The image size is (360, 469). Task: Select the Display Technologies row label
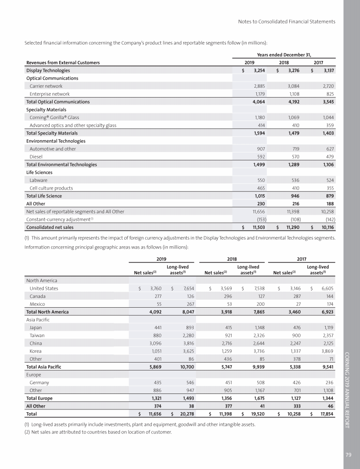tap(48, 70)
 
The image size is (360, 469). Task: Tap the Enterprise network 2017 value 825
tap(329, 94)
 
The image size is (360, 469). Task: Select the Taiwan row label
tap(37, 343)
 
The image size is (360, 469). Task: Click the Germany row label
tap(39, 383)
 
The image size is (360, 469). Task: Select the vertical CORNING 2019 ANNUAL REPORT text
tap(351, 389)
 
